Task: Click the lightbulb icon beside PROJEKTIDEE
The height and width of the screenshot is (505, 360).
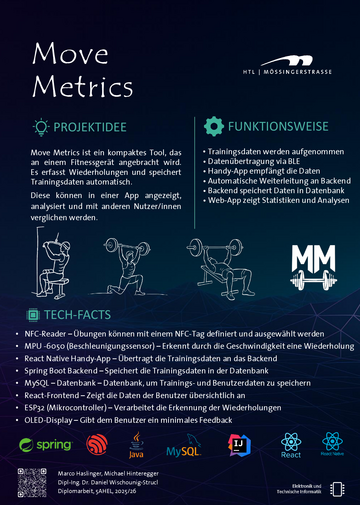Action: coord(41,127)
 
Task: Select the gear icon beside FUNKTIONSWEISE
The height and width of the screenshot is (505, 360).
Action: coord(213,126)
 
